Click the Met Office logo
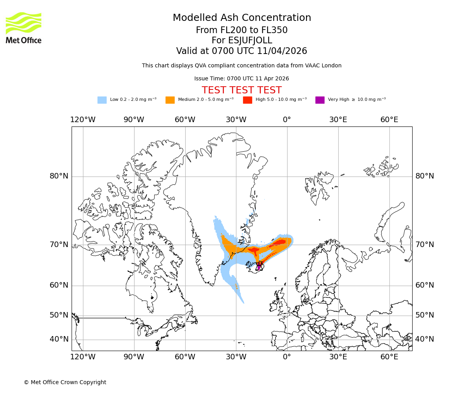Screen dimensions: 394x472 24,28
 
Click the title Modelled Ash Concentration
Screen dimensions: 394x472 242,18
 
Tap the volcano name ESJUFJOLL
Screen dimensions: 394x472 242,41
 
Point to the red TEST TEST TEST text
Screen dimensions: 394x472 242,90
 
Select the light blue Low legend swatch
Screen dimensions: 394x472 102,100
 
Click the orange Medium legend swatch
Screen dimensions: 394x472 170,100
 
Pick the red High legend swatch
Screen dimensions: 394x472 247,100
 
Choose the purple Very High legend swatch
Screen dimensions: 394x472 320,100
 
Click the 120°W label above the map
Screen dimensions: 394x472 83,120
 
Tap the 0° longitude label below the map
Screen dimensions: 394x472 287,357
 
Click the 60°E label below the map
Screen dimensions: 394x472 389,357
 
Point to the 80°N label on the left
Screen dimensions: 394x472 59,176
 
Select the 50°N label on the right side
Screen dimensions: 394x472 425,315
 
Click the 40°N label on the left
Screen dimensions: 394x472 59,339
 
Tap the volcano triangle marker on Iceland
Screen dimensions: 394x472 259,267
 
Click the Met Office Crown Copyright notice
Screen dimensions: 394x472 65,382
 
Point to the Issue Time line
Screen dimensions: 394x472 242,78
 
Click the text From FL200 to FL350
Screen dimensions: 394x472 242,30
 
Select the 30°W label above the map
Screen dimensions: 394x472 236,120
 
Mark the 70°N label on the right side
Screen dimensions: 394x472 425,245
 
